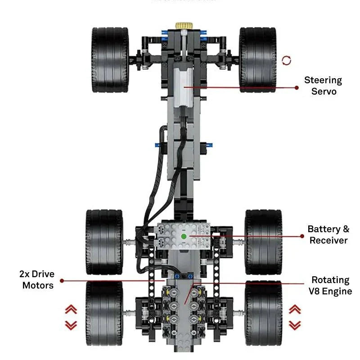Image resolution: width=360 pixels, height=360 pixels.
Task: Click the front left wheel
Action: (110, 60)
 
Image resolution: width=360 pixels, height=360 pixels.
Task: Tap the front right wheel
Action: (257, 60)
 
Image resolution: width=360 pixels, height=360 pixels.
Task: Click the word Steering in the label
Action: (323, 81)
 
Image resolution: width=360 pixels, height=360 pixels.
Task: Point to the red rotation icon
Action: (287, 60)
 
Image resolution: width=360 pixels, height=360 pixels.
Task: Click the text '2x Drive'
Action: (37, 274)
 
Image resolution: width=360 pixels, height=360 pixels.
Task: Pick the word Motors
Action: (38, 285)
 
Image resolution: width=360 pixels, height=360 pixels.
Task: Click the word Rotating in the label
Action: (330, 280)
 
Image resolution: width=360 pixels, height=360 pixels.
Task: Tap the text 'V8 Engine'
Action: (330, 291)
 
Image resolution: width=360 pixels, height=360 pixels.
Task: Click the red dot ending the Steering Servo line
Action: (297, 88)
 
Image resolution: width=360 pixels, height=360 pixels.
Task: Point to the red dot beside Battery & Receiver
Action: (302, 235)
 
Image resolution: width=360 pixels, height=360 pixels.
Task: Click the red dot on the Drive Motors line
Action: (62, 281)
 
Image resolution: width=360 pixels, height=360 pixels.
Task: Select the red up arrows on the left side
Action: (71, 310)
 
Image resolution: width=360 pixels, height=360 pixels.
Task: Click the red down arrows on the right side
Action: (295, 325)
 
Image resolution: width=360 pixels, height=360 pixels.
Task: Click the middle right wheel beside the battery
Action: (264, 242)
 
